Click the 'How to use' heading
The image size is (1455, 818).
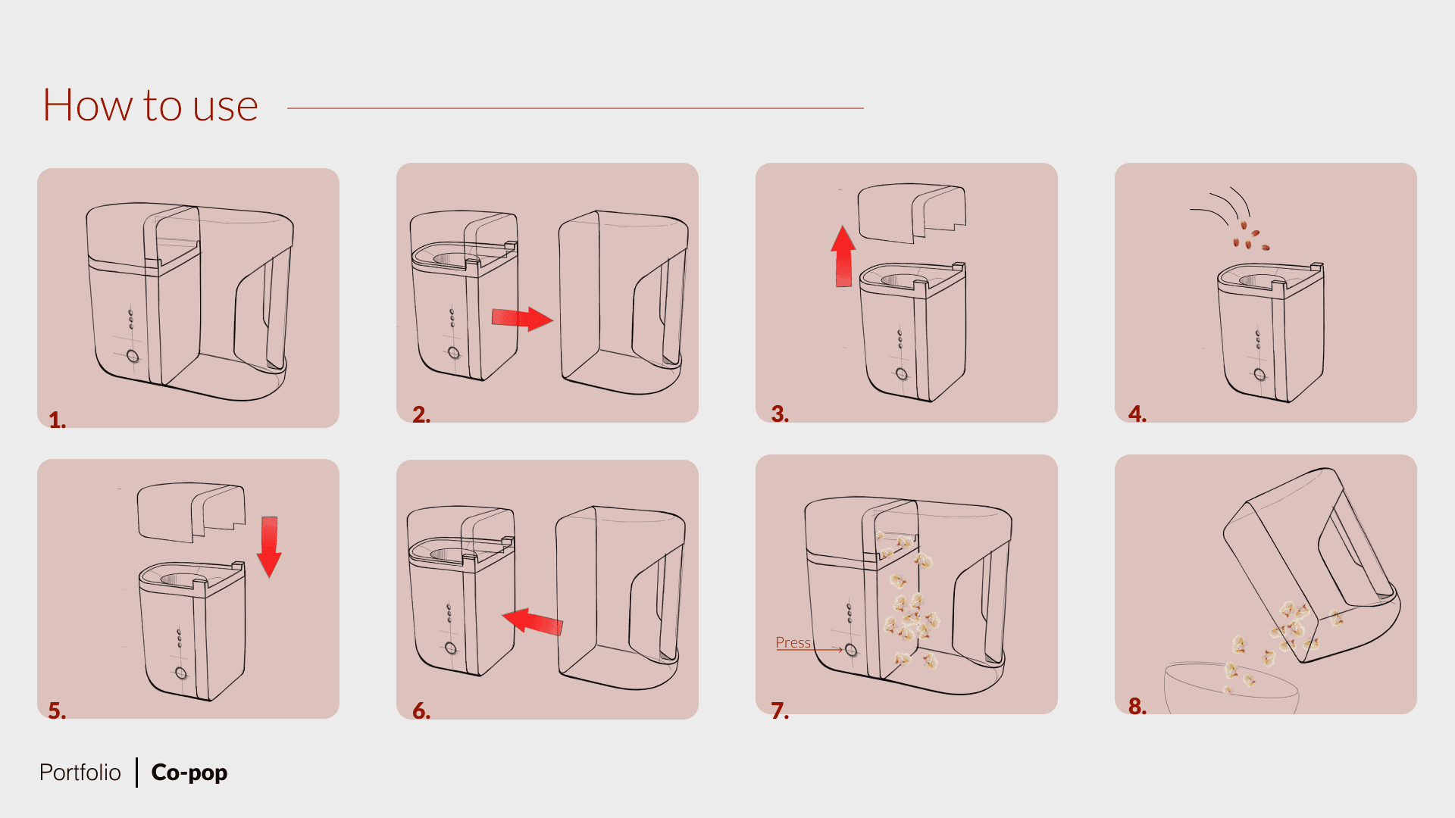(150, 105)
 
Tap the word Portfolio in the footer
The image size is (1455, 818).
(80, 773)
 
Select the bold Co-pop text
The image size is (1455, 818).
(189, 773)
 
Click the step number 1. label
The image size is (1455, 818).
(57, 420)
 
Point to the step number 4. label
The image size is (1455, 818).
(1137, 414)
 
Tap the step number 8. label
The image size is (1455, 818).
(1137, 706)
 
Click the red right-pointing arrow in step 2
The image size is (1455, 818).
(522, 318)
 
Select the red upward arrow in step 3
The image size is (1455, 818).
(843, 257)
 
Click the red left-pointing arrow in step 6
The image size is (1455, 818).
(533, 621)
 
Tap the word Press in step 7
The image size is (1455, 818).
(793, 642)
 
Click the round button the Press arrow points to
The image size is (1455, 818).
(851, 650)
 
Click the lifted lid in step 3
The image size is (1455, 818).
(912, 213)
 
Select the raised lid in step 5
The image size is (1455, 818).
(191, 513)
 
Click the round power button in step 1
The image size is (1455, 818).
(133, 356)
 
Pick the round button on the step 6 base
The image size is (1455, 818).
(451, 648)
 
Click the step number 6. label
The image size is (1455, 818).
(421, 710)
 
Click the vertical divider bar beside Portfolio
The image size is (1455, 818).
(136, 773)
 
